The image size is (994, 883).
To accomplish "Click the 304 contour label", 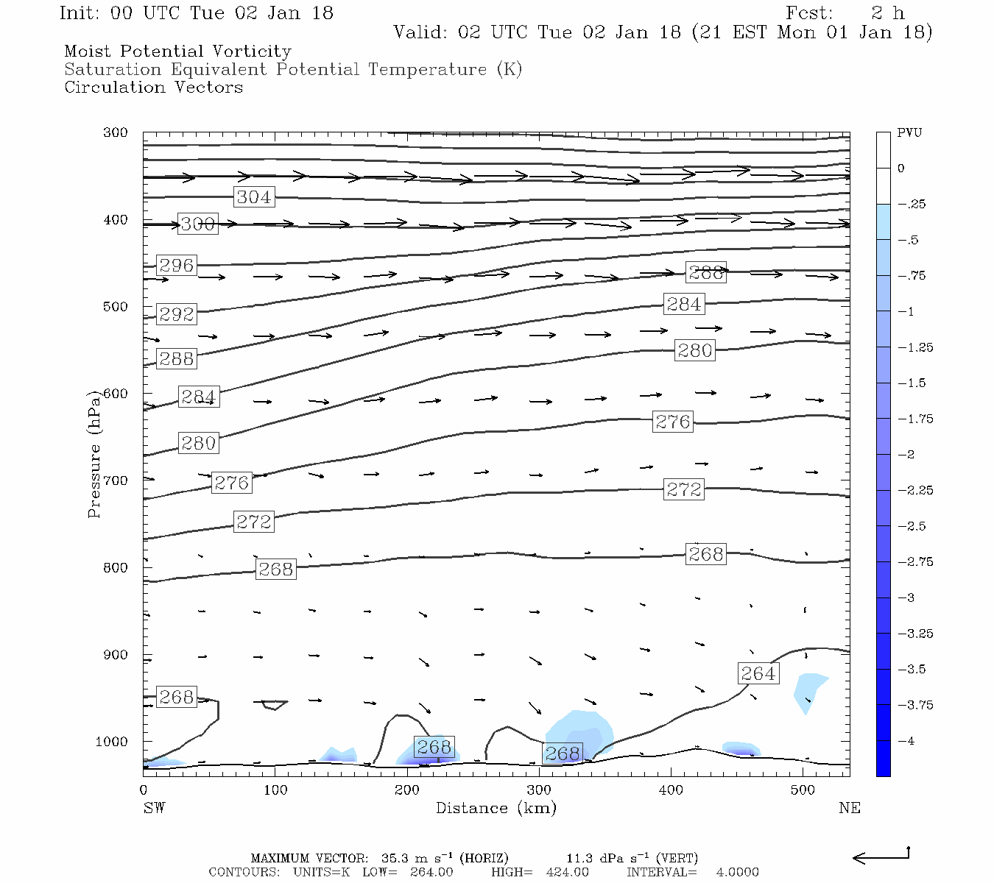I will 254,197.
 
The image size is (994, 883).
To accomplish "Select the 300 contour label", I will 198,224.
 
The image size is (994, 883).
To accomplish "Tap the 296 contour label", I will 176,266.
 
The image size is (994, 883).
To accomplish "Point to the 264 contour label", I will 758,674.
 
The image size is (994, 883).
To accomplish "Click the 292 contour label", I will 176,314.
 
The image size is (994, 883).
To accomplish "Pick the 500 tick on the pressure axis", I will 116,307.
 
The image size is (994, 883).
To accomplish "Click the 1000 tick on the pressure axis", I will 112,742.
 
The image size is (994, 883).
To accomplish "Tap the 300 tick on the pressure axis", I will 116,133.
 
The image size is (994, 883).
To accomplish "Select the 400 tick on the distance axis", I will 671,790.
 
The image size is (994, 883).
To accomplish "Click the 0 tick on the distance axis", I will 144,790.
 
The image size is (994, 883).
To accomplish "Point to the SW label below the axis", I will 154,808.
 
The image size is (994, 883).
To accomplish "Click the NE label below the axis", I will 849,808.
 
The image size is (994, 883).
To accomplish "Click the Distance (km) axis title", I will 496,808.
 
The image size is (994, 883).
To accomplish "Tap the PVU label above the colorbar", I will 909,133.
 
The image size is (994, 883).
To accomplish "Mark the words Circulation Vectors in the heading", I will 153,88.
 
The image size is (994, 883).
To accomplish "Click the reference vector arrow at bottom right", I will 881,857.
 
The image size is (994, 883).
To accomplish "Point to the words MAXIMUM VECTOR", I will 309,858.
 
